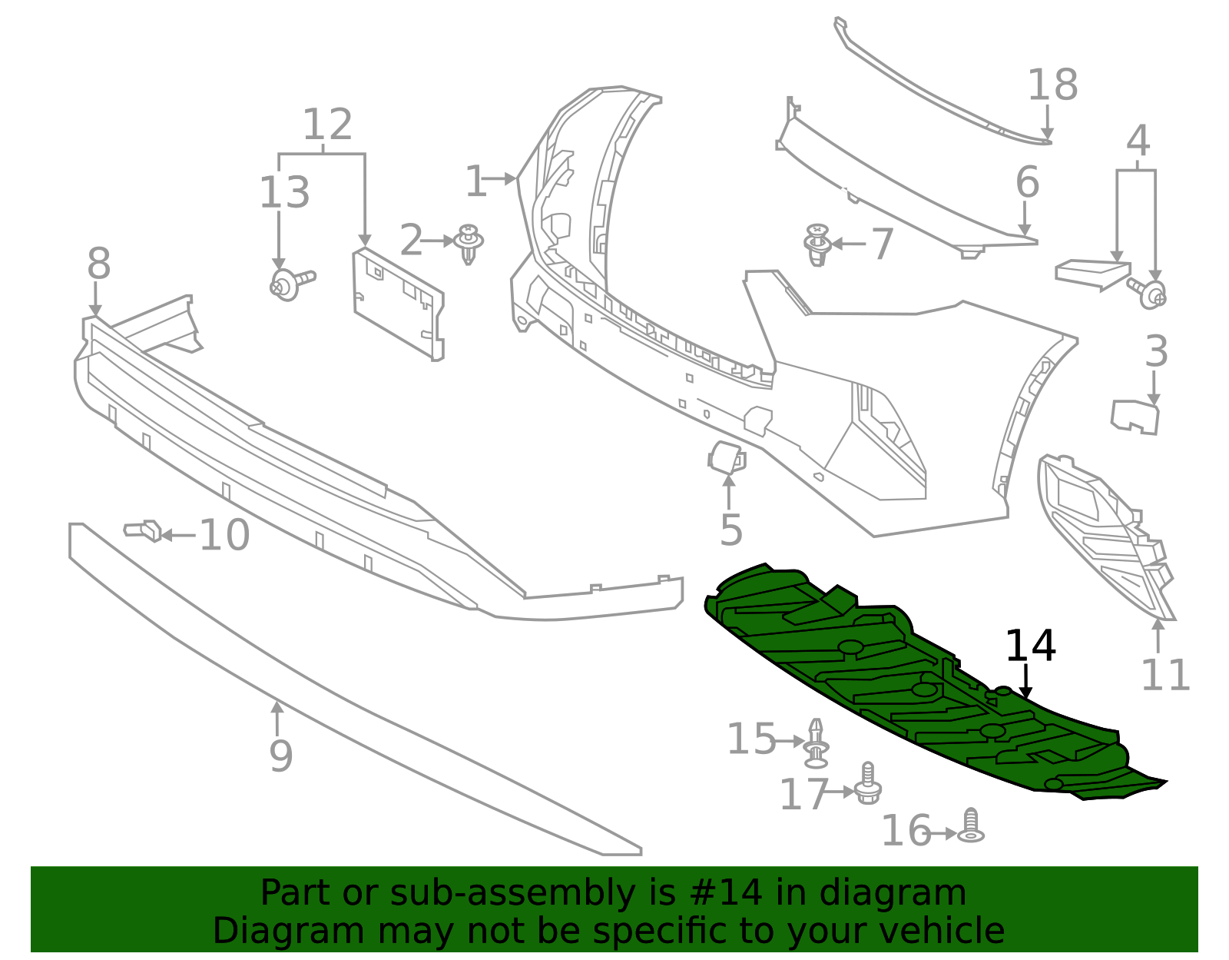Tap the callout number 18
coord(1052,85)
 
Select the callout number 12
coord(327,125)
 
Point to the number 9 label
coord(280,756)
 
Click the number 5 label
coord(731,530)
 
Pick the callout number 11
coord(1165,675)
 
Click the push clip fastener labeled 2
coord(469,243)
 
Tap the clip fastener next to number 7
coord(818,244)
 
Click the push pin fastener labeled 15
coord(816,743)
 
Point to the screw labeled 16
coord(972,827)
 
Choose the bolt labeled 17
coord(868,785)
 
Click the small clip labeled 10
coord(144,530)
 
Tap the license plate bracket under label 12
coord(398,303)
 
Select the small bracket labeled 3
coord(1135,416)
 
